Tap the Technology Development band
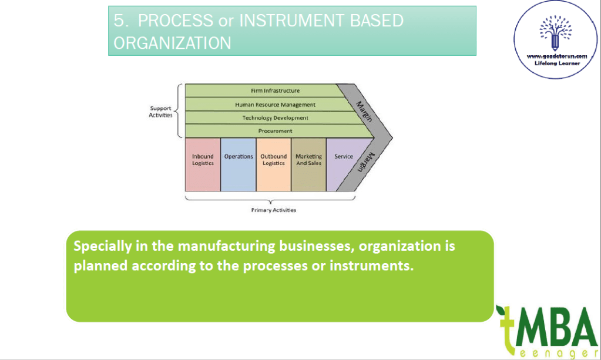275,118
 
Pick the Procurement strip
275,131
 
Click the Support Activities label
160,112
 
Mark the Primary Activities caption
274,210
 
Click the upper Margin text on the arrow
365,111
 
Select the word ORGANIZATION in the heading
172,43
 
